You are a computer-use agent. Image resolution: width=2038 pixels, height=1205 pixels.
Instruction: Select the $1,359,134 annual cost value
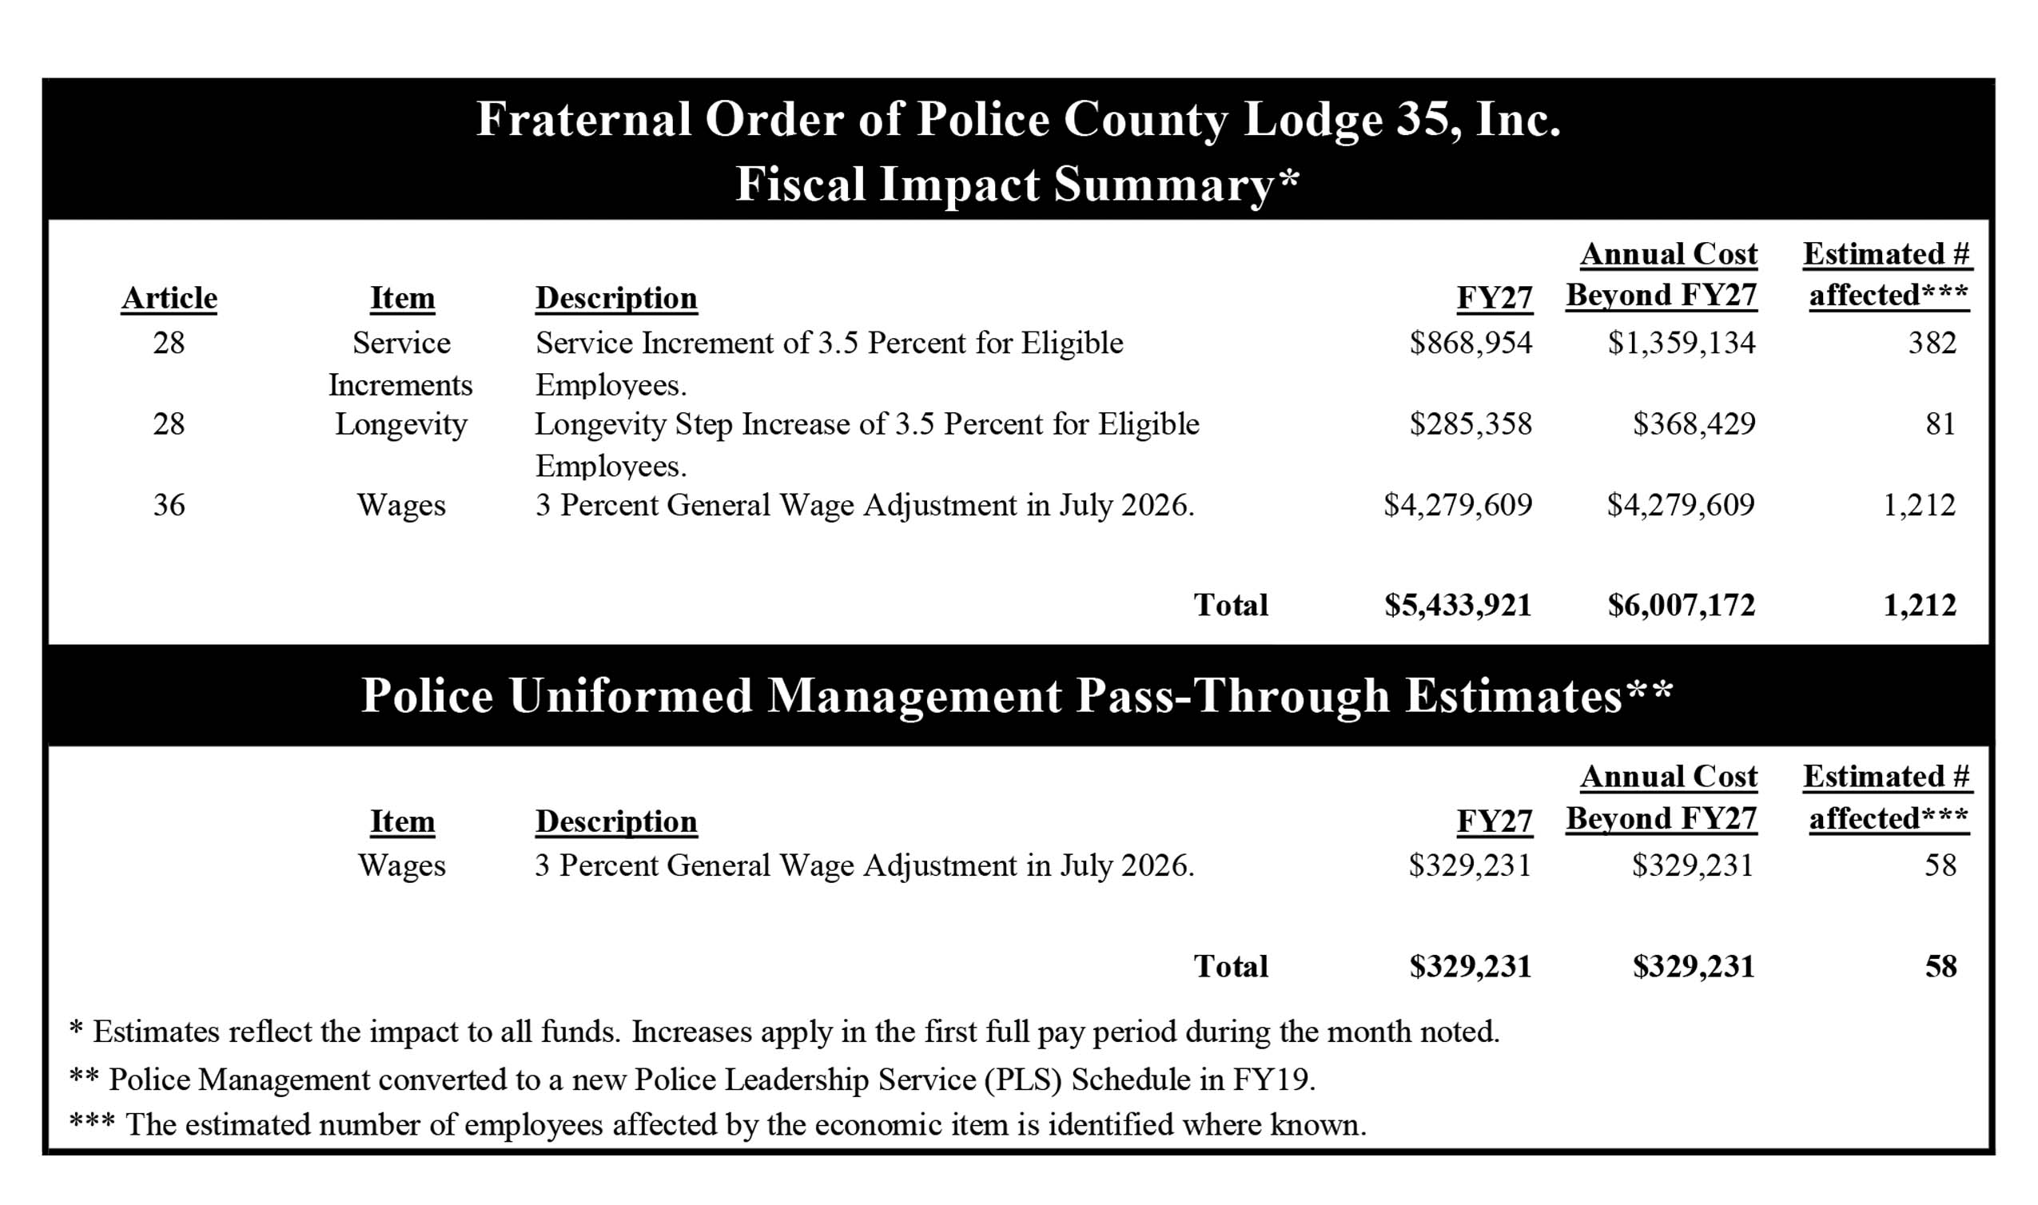[x=1681, y=344]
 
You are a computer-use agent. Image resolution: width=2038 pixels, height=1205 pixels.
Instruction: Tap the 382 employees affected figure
[x=1932, y=344]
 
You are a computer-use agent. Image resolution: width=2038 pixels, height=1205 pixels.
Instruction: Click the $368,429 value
[x=1694, y=424]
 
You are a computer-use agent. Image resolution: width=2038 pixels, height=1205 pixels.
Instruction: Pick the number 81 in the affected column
[x=1940, y=424]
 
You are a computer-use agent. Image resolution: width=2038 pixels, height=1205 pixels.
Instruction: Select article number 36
[x=169, y=505]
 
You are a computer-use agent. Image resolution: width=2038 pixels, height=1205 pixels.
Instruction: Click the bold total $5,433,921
[x=1458, y=605]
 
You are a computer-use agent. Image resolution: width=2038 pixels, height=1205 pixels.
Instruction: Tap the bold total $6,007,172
[x=1681, y=605]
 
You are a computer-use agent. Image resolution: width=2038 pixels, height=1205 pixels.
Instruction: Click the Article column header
[x=169, y=298]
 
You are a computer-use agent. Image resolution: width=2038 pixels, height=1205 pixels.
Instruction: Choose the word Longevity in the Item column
[x=401, y=424]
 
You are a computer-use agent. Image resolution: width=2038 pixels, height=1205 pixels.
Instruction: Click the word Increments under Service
[x=400, y=385]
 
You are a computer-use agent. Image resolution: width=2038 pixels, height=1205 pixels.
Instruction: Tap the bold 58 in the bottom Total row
[x=1940, y=966]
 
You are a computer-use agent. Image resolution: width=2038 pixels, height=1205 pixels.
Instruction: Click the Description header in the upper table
[x=615, y=298]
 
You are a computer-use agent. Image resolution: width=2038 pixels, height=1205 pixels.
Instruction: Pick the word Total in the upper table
[x=1230, y=605]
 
